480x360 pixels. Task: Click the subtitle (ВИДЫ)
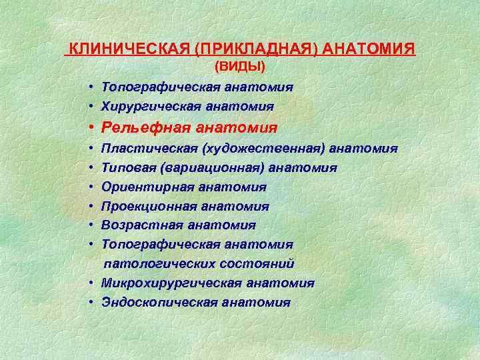pos(240,67)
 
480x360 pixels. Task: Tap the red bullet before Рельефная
pos(89,127)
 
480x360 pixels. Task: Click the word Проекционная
pos(143,207)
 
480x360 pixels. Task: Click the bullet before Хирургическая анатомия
pos(89,107)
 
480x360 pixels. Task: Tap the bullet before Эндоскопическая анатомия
pos(89,303)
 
